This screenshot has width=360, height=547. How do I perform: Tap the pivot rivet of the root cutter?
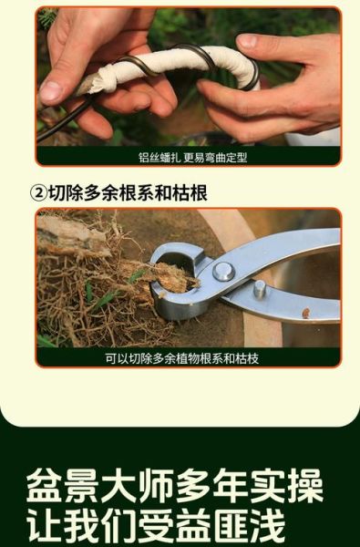(223, 270)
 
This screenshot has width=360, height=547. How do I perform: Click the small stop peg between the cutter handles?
(260, 291)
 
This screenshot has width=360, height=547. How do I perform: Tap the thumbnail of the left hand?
(52, 91)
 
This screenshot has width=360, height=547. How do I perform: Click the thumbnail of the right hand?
(247, 41)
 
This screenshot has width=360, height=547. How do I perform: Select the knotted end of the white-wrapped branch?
(87, 84)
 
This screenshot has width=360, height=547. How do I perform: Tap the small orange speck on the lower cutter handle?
(305, 313)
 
